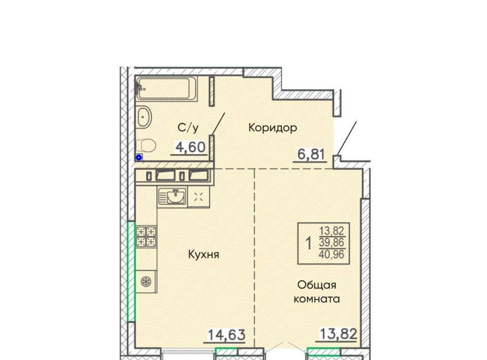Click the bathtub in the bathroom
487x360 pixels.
click(166, 88)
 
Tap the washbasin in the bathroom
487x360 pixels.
click(144, 117)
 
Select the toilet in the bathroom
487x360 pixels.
click(146, 145)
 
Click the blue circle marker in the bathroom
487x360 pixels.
click(139, 158)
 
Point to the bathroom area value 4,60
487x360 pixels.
click(190, 147)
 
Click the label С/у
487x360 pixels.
click(188, 128)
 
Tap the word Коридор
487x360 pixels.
click(273, 128)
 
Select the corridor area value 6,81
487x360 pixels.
click(311, 154)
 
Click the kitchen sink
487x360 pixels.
click(172, 196)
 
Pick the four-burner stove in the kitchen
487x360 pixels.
click(146, 236)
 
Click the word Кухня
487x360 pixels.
click(204, 255)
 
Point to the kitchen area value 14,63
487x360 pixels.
click(226, 335)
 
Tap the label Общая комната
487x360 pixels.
click(317, 292)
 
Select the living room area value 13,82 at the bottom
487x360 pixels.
click(338, 334)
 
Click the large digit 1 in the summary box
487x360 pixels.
click(308, 243)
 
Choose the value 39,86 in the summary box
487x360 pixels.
click(332, 242)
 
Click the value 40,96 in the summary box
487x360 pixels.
click(332, 254)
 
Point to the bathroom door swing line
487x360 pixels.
click(218, 124)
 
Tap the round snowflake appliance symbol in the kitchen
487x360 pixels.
click(146, 282)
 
